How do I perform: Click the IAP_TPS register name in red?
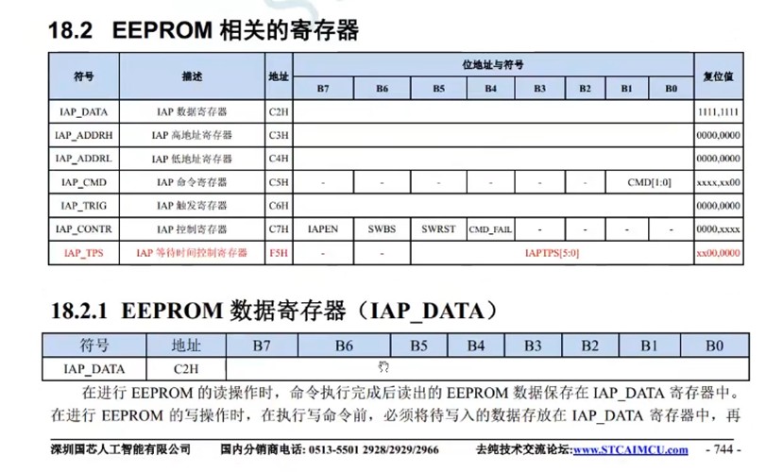point(83,253)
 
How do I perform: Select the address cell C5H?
point(278,182)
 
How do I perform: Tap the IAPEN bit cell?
point(323,229)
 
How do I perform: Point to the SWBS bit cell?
point(382,229)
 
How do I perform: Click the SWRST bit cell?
point(438,229)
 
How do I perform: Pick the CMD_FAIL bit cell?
point(490,229)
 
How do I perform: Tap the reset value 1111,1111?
point(718,111)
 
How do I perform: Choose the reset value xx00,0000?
point(718,253)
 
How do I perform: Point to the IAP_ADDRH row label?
point(83,135)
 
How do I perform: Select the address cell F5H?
point(278,253)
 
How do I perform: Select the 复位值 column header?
point(718,75)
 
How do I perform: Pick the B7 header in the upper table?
point(323,89)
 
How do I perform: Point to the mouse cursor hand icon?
point(384,366)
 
